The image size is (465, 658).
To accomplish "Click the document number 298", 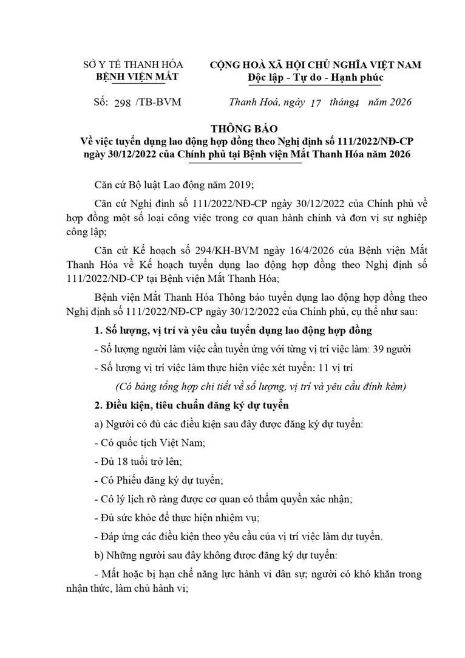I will pyautogui.click(x=122, y=102).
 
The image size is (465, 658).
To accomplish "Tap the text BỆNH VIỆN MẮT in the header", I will pyautogui.click(x=133, y=77).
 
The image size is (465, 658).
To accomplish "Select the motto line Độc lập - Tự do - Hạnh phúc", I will pyautogui.click(x=315, y=77).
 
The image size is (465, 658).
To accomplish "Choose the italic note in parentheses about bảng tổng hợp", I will pyautogui.click(x=260, y=386).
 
